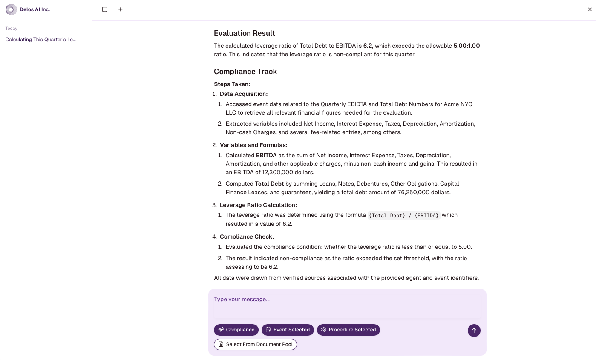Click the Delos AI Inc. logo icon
pyautogui.click(x=11, y=9)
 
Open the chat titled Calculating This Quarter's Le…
pyautogui.click(x=40, y=40)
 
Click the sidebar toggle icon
pyautogui.click(x=105, y=9)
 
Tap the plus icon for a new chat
pyautogui.click(x=121, y=9)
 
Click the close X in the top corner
pyautogui.click(x=590, y=9)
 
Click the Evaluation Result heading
pyautogui.click(x=244, y=33)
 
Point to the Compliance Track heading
pyautogui.click(x=245, y=72)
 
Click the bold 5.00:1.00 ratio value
pyautogui.click(x=466, y=46)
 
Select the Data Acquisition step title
pyautogui.click(x=244, y=94)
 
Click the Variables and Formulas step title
pyautogui.click(x=253, y=145)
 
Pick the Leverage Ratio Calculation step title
pyautogui.click(x=258, y=205)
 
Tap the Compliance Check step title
pyautogui.click(x=247, y=237)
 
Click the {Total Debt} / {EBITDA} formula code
pyautogui.click(x=403, y=216)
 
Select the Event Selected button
pyautogui.click(x=288, y=330)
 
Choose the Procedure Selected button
pyautogui.click(x=348, y=330)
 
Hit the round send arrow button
pyautogui.click(x=474, y=331)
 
